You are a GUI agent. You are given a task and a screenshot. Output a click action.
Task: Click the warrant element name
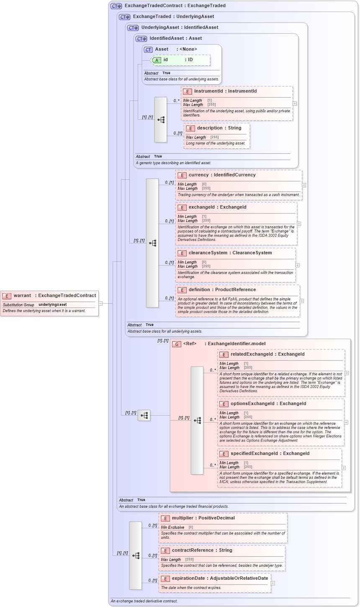coord(22,295)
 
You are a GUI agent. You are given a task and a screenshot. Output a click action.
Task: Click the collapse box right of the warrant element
coord(100,303)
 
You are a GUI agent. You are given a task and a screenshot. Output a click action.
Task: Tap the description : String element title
coord(219,128)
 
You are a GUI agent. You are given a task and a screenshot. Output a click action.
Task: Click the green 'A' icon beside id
coord(157,60)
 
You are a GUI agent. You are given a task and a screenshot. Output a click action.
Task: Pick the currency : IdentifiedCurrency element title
coord(222,175)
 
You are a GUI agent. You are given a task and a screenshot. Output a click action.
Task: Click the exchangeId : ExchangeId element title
coord(217,207)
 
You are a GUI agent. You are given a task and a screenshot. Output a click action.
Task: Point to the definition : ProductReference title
coord(222,289)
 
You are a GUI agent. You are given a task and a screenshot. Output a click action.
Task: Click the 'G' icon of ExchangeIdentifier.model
coord(177,344)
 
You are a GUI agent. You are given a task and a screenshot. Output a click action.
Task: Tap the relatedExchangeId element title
coord(267,354)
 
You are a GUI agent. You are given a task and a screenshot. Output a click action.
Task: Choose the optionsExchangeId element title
coord(268,403)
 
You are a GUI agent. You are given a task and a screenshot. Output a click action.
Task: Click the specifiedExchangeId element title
coord(270,453)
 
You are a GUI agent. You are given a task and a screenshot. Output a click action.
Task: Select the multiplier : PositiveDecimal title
coord(203,518)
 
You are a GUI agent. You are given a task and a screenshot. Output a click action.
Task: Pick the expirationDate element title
coord(220,578)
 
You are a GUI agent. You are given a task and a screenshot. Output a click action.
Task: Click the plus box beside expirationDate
coord(273,583)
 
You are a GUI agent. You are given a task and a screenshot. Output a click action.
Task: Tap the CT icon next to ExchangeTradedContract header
coord(116,6)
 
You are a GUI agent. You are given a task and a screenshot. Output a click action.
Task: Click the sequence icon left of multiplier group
coord(136,555)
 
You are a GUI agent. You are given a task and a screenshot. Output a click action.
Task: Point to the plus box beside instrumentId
coord(295,103)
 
